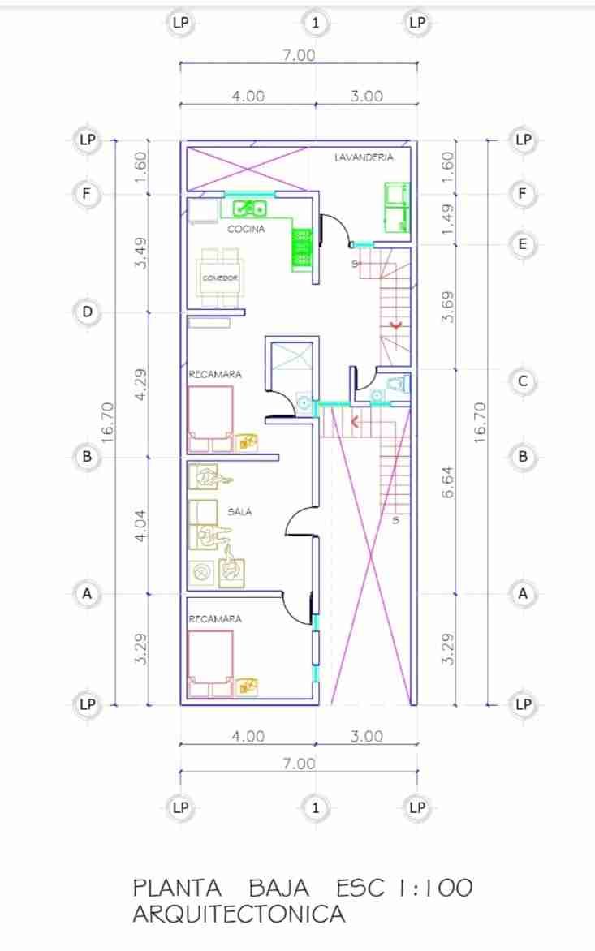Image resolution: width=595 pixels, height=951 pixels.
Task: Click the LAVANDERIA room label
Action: (x=364, y=157)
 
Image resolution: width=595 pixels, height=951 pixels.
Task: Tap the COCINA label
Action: (x=245, y=230)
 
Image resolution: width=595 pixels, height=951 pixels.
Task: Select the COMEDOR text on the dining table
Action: (x=219, y=278)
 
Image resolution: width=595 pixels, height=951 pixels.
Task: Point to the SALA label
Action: (x=239, y=512)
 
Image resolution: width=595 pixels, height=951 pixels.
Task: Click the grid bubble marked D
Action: (x=87, y=312)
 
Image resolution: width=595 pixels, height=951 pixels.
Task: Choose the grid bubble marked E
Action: (x=523, y=244)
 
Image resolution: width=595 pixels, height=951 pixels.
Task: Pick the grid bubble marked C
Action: (x=523, y=381)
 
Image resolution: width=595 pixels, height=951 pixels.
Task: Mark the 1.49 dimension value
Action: (x=447, y=220)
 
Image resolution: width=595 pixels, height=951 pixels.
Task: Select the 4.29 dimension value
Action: (x=141, y=383)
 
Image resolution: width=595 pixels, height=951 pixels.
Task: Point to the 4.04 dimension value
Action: (x=141, y=524)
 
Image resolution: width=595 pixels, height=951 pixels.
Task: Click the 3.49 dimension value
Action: (x=141, y=253)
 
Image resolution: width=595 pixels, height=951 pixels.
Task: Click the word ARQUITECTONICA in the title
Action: (x=239, y=914)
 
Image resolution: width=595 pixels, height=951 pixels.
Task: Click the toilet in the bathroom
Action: (x=397, y=383)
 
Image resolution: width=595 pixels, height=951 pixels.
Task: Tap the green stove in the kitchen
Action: (x=302, y=247)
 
